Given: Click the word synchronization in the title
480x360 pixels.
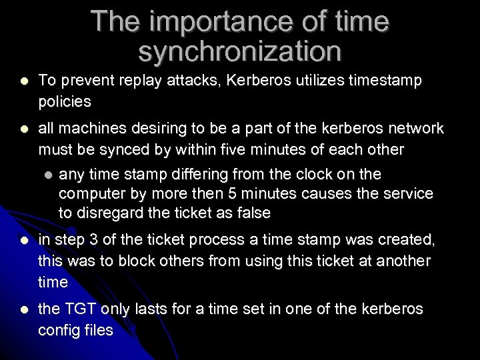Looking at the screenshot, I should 240,51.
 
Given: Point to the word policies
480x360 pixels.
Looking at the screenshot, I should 64,102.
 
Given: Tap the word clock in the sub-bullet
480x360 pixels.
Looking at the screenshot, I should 323,175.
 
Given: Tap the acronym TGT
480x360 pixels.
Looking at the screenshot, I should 79,310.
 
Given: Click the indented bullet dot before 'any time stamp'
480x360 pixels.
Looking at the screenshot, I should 47,175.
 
